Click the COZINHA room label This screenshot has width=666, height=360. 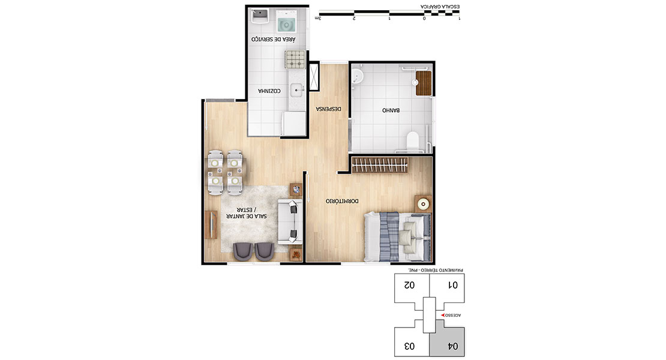(269, 91)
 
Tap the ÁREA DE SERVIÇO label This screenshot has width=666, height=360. (273, 39)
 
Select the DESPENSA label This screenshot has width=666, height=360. (328, 109)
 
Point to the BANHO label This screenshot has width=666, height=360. (391, 110)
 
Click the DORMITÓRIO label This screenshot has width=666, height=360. (342, 201)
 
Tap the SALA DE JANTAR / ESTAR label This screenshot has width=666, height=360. (247, 212)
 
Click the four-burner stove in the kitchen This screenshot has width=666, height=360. (296, 59)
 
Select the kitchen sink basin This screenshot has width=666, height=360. (296, 90)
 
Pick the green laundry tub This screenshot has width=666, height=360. (287, 22)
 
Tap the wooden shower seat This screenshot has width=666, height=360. (424, 83)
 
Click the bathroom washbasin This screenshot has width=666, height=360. (358, 76)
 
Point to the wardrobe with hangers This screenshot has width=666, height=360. (380, 165)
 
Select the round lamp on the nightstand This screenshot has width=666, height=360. (423, 205)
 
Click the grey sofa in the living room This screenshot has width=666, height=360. (290, 221)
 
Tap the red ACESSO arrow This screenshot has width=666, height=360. (443, 316)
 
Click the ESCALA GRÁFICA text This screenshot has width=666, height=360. (440, 7)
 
